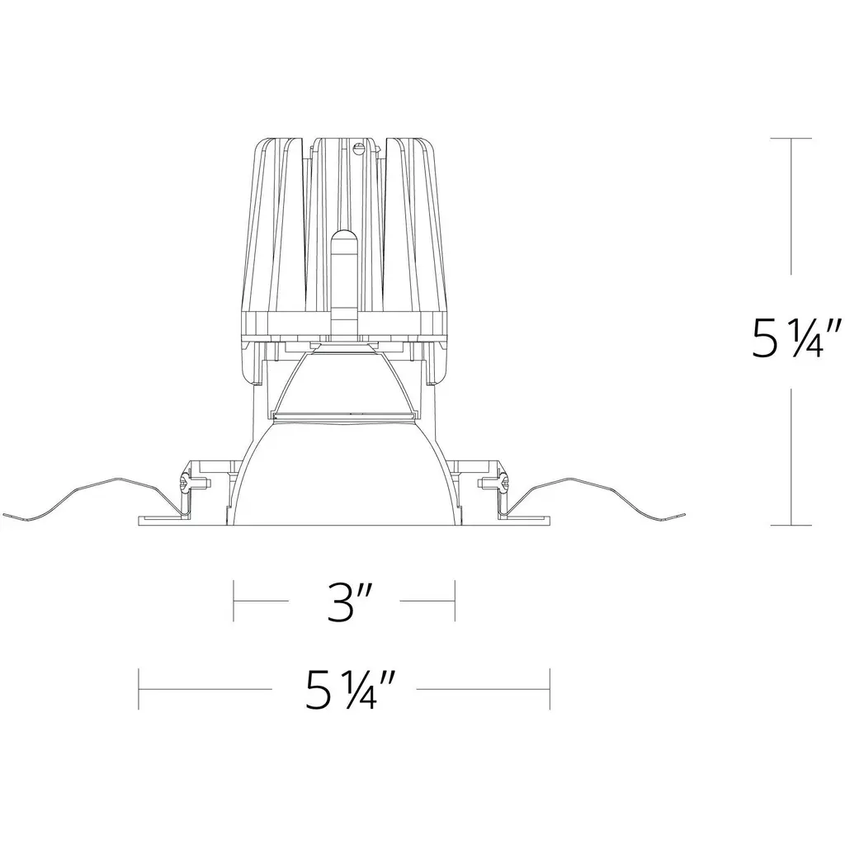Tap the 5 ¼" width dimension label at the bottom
point(344,689)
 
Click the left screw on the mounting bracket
point(186,482)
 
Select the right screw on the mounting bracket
point(503,482)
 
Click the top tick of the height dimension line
point(791,139)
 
